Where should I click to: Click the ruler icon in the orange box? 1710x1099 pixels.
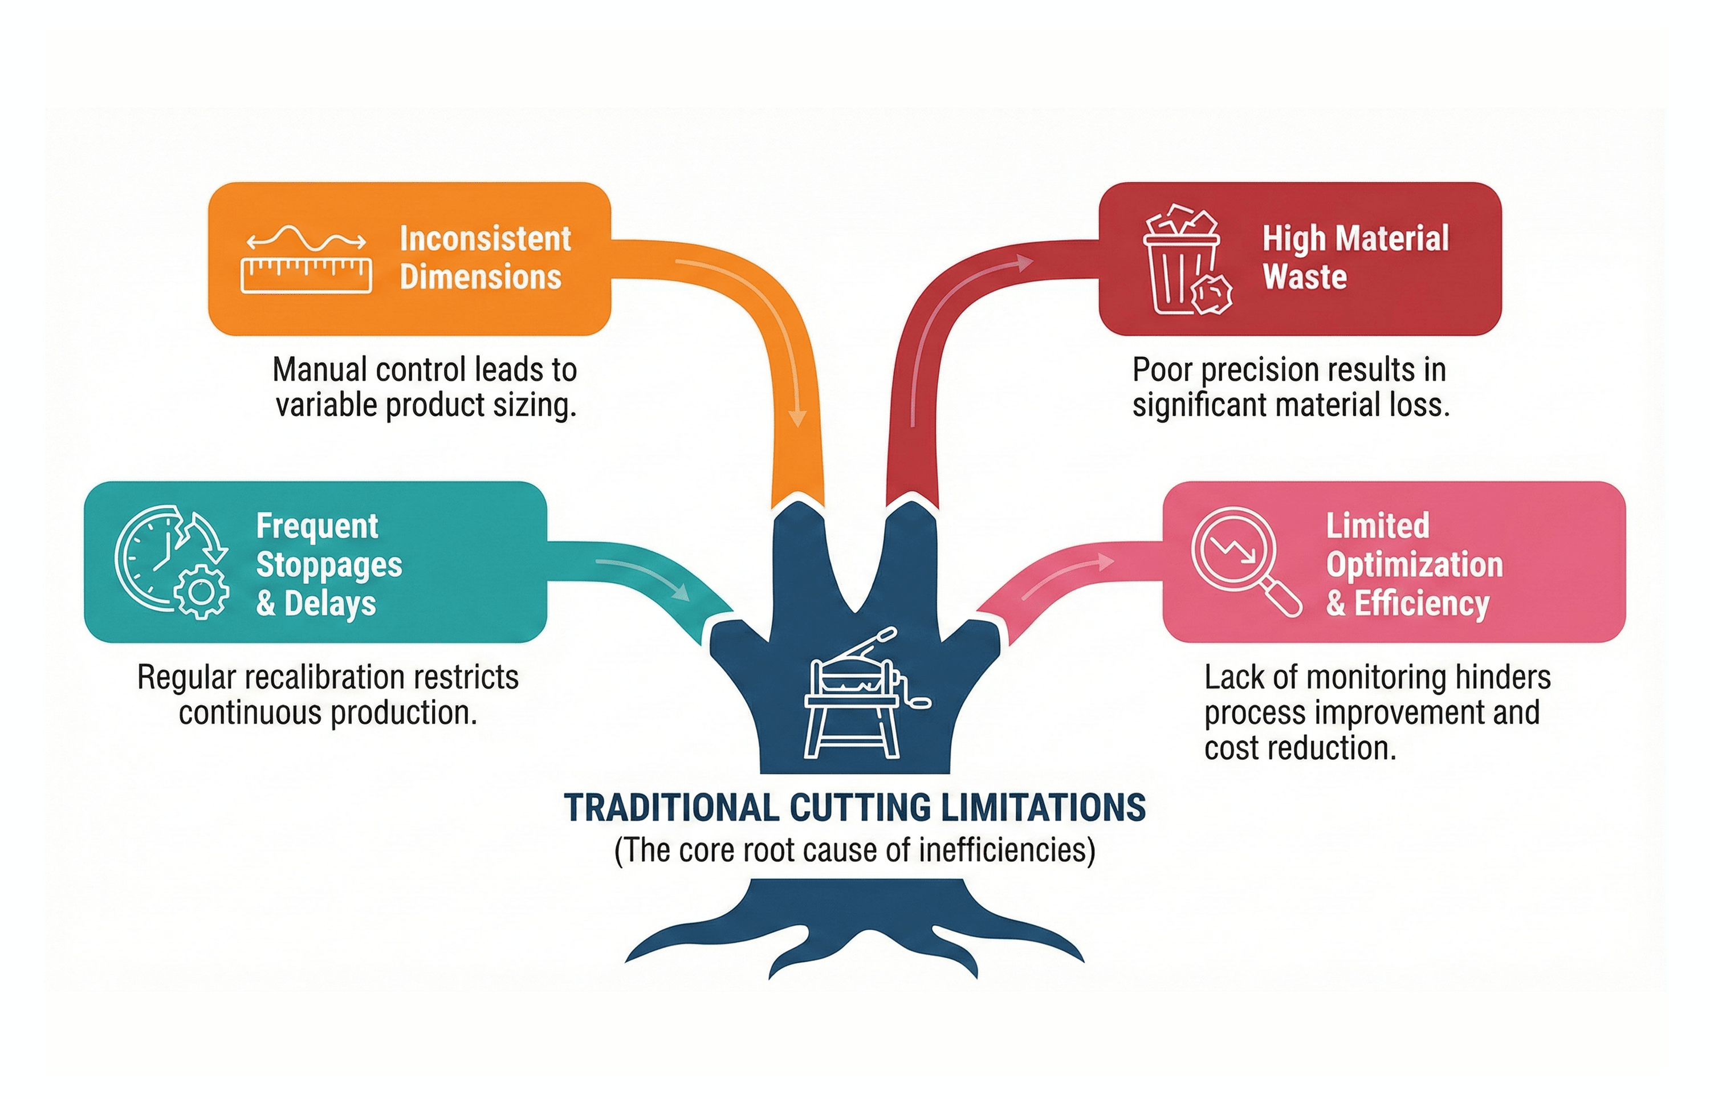click(x=306, y=275)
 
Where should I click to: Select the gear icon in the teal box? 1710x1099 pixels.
click(x=202, y=592)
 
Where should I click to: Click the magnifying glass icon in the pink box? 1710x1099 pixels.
click(x=1244, y=560)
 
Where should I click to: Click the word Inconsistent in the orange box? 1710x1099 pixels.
click(x=485, y=238)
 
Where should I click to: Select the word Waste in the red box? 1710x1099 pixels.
click(x=1305, y=277)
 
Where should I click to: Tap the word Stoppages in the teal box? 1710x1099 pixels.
click(x=329, y=564)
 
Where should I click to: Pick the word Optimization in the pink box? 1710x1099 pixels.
click(x=1415, y=564)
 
